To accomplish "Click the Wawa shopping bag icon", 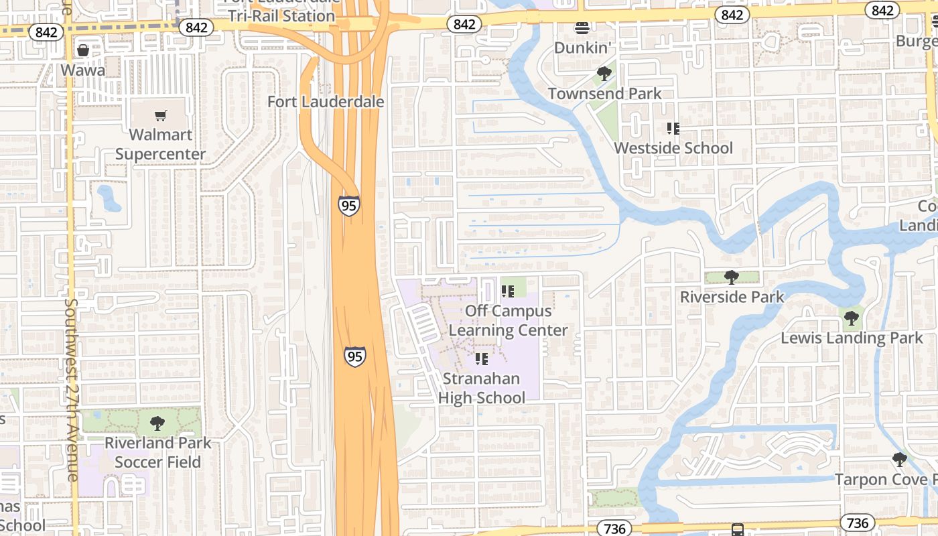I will [83, 50].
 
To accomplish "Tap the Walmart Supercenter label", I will [161, 144].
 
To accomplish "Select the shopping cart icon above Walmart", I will [161, 116].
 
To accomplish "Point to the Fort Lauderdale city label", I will [326, 102].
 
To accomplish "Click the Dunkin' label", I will [582, 48].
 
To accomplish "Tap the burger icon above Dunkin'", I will [582, 27].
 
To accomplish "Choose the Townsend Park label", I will [604, 94].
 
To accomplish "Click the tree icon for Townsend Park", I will [604, 74].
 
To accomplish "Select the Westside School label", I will [673, 148].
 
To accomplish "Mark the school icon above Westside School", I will [673, 128].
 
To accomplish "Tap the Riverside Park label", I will [732, 297].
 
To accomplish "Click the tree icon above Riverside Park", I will [732, 277].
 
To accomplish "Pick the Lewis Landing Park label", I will [852, 338].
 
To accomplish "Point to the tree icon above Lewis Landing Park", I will [851, 318].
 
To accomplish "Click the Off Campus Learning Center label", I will [508, 320].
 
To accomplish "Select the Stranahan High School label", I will [482, 388].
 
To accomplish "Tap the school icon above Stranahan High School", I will [482, 359].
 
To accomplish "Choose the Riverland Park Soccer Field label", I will [157, 452].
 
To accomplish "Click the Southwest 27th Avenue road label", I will [72, 389].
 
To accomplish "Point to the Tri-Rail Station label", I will [281, 15].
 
